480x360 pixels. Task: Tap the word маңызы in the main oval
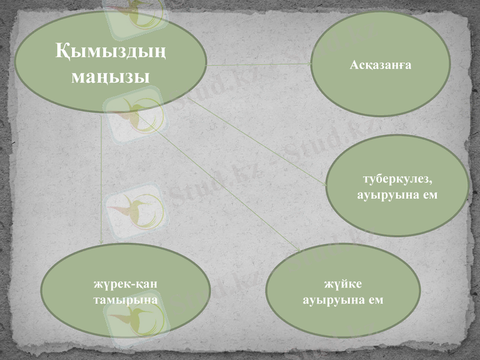111,77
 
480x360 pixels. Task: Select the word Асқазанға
380,64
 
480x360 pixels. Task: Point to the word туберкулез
398,179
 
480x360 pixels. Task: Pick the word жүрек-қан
125,284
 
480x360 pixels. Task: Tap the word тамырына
125,298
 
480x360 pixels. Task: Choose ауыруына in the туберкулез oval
384,195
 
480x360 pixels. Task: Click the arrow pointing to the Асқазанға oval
258,63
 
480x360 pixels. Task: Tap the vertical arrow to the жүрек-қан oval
102,180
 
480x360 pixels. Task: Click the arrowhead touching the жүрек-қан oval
102,241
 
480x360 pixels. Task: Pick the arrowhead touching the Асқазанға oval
308,62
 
